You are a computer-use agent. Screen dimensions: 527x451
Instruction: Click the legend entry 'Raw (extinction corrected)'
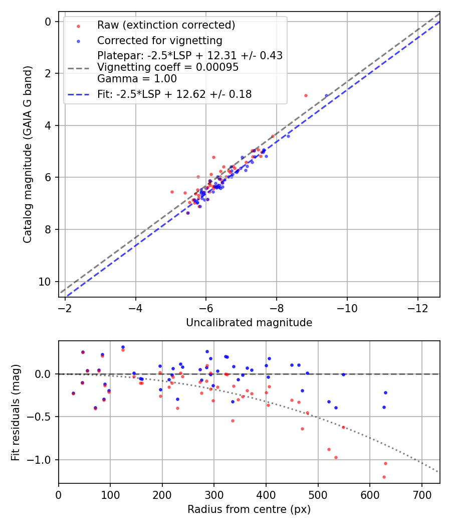(x=166, y=25)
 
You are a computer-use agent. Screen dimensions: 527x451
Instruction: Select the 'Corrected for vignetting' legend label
(x=159, y=40)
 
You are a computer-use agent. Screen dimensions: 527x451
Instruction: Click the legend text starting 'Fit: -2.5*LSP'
(x=174, y=94)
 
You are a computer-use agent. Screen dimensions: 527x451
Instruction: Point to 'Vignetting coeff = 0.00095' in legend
(x=168, y=67)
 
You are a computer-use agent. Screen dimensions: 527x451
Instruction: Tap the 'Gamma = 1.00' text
(x=137, y=79)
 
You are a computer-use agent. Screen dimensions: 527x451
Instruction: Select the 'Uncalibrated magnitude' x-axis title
(x=249, y=323)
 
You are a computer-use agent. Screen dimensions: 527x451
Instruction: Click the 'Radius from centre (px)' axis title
(x=249, y=509)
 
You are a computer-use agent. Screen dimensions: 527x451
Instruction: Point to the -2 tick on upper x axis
(x=65, y=306)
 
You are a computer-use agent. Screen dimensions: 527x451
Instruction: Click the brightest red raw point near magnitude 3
(x=306, y=95)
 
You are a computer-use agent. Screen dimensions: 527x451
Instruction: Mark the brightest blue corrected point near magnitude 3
(x=326, y=95)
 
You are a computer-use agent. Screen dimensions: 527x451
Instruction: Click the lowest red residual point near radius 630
(x=314, y=477)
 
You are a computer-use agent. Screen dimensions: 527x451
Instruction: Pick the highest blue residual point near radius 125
(x=123, y=347)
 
